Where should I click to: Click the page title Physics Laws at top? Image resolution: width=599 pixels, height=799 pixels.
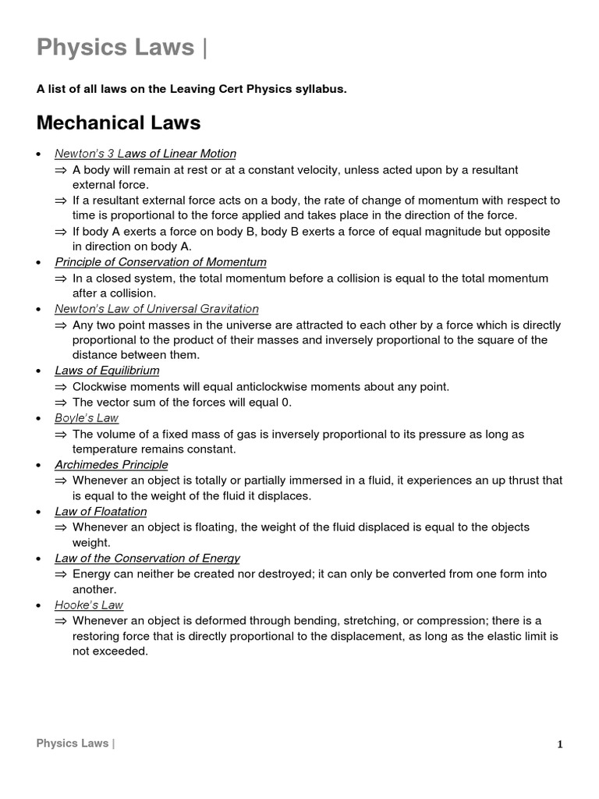(115, 48)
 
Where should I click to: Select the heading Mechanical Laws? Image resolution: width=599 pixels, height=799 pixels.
(119, 123)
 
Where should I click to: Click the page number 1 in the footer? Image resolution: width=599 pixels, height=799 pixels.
(559, 744)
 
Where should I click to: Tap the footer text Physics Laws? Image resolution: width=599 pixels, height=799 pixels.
(73, 744)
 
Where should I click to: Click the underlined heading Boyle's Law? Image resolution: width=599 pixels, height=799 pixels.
(87, 418)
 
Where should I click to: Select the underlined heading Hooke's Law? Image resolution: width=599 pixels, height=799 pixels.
(89, 605)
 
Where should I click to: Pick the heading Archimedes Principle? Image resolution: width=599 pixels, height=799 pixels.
(112, 465)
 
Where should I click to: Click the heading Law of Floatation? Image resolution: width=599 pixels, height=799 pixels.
(101, 511)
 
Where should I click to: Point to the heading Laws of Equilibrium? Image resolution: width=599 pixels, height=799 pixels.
(107, 371)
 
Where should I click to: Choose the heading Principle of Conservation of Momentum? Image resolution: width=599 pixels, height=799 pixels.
(161, 262)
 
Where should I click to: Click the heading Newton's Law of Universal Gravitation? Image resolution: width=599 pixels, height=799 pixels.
(157, 309)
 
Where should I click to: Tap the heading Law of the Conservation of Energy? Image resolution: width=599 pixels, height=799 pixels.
(147, 558)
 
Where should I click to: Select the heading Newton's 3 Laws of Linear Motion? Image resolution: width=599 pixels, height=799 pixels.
(145, 154)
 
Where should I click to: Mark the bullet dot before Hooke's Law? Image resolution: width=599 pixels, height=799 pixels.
(39, 605)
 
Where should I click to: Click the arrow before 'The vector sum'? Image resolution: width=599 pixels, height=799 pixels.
(61, 403)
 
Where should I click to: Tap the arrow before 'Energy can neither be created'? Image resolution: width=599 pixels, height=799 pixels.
(61, 574)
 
